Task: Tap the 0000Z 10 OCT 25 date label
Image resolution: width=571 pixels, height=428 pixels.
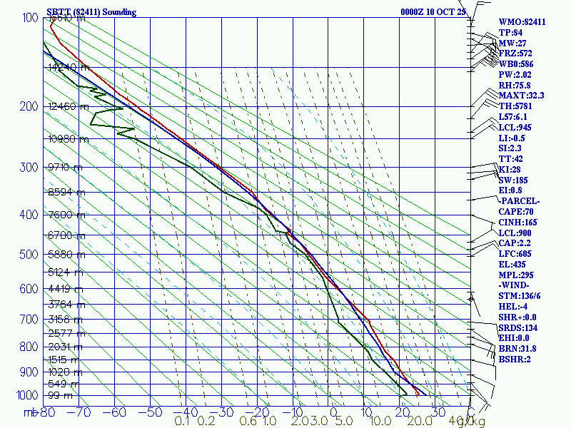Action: (433, 12)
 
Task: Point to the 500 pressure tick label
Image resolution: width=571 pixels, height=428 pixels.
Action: (29, 255)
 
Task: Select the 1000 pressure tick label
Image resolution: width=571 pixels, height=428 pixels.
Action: (26, 395)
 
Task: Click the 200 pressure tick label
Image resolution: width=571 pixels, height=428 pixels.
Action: (29, 107)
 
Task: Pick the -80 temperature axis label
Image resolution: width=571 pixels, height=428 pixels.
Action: (48, 412)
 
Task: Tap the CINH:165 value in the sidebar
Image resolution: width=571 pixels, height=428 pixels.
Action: (520, 223)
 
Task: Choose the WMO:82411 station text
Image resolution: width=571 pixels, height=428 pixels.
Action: (522, 22)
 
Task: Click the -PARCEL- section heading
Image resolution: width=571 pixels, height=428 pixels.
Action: (519, 201)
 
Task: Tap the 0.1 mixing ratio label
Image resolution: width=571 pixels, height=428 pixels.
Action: (183, 421)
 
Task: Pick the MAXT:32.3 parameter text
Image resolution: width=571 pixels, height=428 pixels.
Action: (521, 96)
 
